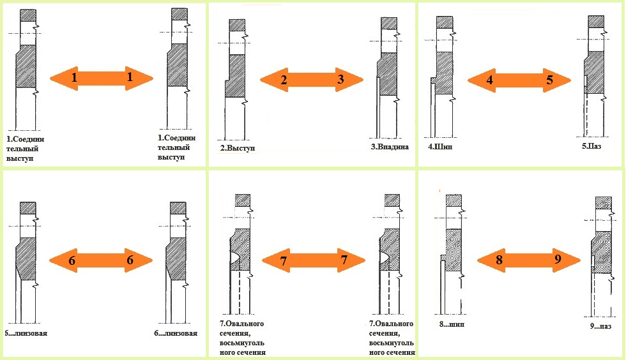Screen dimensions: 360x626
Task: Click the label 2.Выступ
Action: point(238,148)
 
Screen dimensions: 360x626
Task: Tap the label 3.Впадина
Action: point(390,146)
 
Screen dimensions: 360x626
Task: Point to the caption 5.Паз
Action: point(592,146)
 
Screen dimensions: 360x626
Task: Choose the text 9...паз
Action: point(600,326)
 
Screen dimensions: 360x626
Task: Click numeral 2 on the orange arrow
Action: point(284,80)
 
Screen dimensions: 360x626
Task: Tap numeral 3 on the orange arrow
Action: point(340,80)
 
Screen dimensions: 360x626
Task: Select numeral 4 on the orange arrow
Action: point(490,80)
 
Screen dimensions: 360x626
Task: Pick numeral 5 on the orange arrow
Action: point(549,80)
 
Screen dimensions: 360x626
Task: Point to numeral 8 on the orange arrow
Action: point(500,260)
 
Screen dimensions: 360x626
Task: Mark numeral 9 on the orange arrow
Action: point(558,260)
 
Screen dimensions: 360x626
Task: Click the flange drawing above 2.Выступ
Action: point(236,70)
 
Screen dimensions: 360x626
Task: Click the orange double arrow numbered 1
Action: point(102,79)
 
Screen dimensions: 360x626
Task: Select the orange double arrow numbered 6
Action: point(101,260)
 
